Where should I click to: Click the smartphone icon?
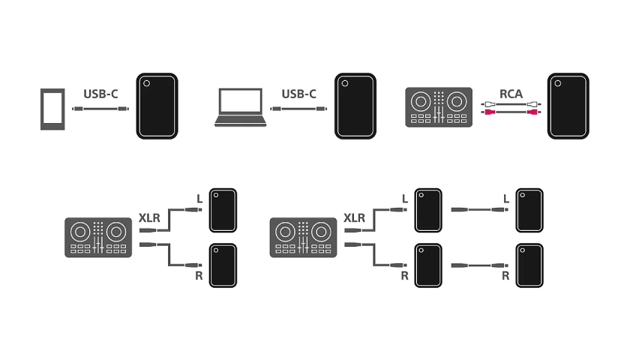coord(52,109)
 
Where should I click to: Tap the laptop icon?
coord(240,108)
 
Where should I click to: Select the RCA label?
coord(511,94)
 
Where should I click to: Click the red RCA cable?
coord(511,112)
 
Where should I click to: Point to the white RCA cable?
coord(511,104)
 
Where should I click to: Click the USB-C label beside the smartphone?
coord(100,94)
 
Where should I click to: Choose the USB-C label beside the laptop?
coord(298,94)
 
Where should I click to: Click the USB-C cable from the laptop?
coord(298,109)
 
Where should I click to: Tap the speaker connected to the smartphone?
coord(157,106)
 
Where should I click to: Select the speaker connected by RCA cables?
coord(568,106)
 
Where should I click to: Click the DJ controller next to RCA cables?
coord(439,107)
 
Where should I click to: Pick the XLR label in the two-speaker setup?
coord(149,218)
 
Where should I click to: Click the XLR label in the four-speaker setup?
coord(354,218)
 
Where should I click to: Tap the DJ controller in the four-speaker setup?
coord(303,238)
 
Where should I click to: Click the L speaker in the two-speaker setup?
coord(223,210)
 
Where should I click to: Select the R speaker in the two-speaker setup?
coord(223,265)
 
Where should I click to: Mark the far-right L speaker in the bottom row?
coord(529,210)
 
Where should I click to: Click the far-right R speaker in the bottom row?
coord(529,265)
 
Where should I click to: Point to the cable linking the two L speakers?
coord(479,209)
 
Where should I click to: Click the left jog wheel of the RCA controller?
coord(421,102)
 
